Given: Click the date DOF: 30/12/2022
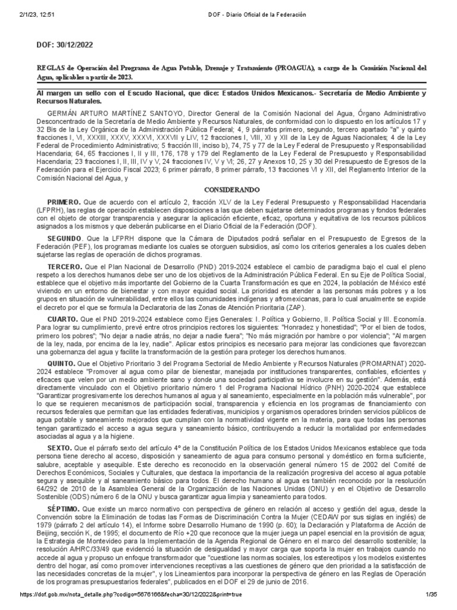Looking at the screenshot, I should click(x=65, y=45).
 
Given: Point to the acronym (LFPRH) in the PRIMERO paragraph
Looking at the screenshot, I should click(x=52, y=211).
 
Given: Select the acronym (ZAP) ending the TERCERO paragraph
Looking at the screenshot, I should click(x=292, y=307).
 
